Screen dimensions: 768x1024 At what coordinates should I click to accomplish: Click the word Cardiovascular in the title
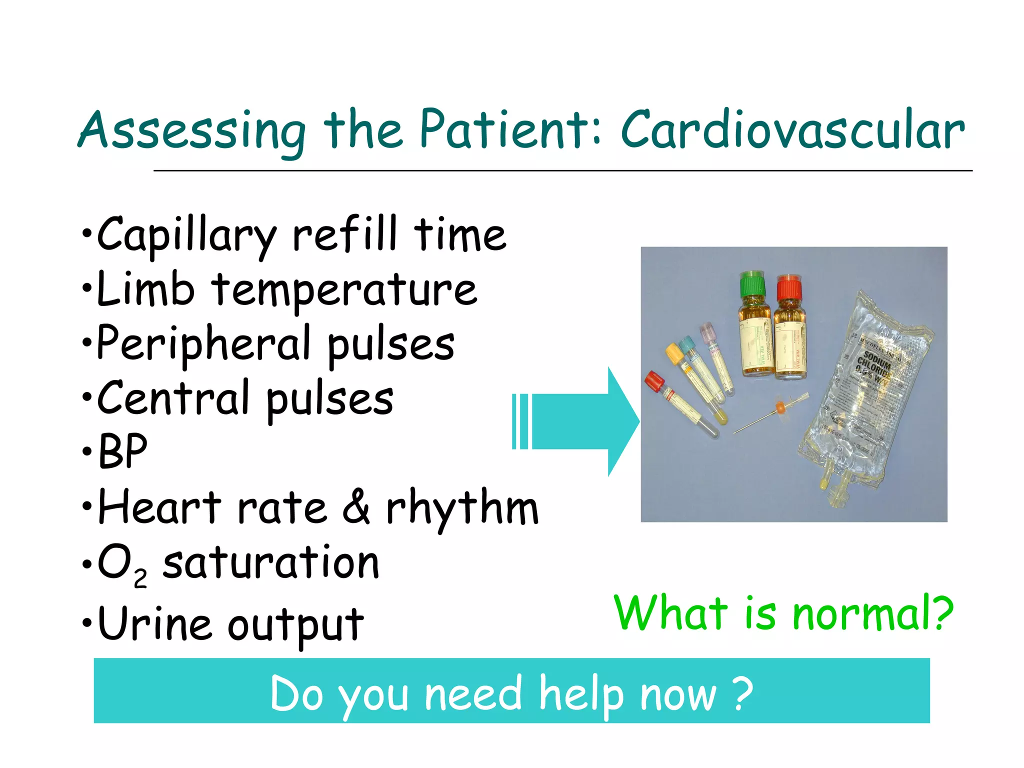792,131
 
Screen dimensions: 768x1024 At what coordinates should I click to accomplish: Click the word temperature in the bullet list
344,291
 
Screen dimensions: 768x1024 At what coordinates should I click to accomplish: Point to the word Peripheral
204,345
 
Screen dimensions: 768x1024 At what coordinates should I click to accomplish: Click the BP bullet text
123,451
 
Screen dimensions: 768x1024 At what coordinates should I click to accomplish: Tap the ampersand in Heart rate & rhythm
356,507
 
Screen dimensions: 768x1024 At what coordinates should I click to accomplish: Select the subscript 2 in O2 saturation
140,578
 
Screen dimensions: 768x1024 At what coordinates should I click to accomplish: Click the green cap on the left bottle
752,284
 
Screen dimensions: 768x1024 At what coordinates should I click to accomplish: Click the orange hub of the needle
779,407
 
